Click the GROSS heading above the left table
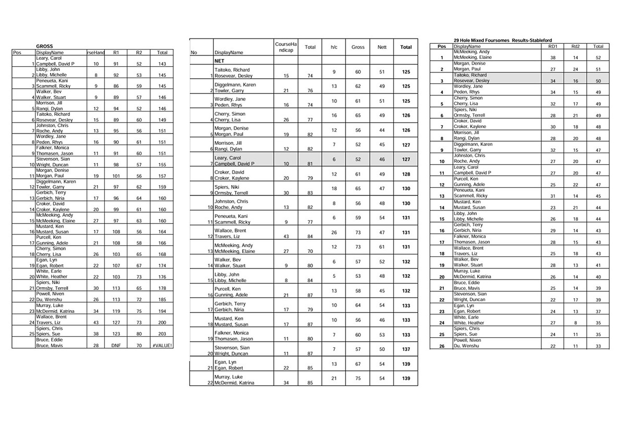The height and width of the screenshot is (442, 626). click(x=44, y=46)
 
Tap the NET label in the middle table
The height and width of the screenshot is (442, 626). click(x=220, y=60)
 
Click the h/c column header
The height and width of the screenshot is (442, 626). click(x=334, y=47)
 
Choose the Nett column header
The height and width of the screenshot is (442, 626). click(x=381, y=47)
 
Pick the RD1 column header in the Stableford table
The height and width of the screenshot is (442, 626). click(x=552, y=46)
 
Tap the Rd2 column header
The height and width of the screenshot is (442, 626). click(x=575, y=46)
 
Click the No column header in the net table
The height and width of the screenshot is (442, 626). click(x=194, y=53)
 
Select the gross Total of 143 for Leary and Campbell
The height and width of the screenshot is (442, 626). click(x=162, y=64)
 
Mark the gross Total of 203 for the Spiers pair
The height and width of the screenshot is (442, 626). click(x=162, y=334)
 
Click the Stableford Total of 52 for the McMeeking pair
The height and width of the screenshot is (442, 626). click(x=598, y=58)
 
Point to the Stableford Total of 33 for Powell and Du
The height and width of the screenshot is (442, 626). click(x=598, y=346)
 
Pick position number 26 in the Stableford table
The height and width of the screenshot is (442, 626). click(x=441, y=346)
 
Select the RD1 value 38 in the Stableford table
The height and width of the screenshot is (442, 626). click(x=552, y=58)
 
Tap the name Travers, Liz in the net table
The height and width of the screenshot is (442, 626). click(x=227, y=237)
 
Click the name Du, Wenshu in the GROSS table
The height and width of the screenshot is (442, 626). click(x=47, y=300)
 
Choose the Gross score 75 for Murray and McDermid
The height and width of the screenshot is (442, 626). click(x=358, y=379)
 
